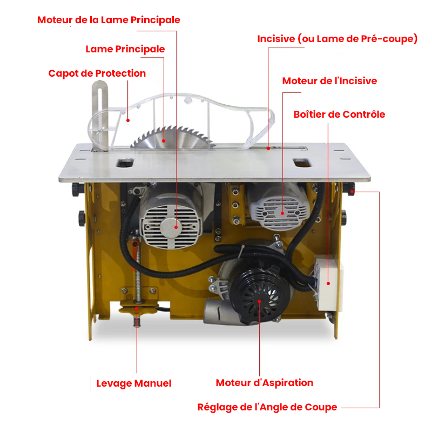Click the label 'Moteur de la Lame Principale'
click(x=109, y=20)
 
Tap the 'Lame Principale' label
click(x=125, y=49)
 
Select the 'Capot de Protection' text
click(x=97, y=73)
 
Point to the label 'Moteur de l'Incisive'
click(x=329, y=80)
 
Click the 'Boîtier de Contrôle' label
click(x=339, y=114)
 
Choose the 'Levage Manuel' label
click(x=134, y=383)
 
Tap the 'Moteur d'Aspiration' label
click(x=265, y=383)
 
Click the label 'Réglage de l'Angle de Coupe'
click(x=267, y=407)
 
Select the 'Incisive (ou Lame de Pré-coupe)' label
click(x=337, y=39)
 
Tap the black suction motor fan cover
click(x=259, y=298)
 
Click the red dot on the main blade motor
click(x=176, y=227)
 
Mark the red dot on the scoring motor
click(x=282, y=213)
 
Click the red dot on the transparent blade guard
click(x=128, y=120)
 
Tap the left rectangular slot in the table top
click(x=125, y=163)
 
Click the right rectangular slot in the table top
click(x=302, y=163)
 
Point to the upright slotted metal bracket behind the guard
click(x=100, y=115)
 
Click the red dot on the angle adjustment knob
click(x=352, y=192)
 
